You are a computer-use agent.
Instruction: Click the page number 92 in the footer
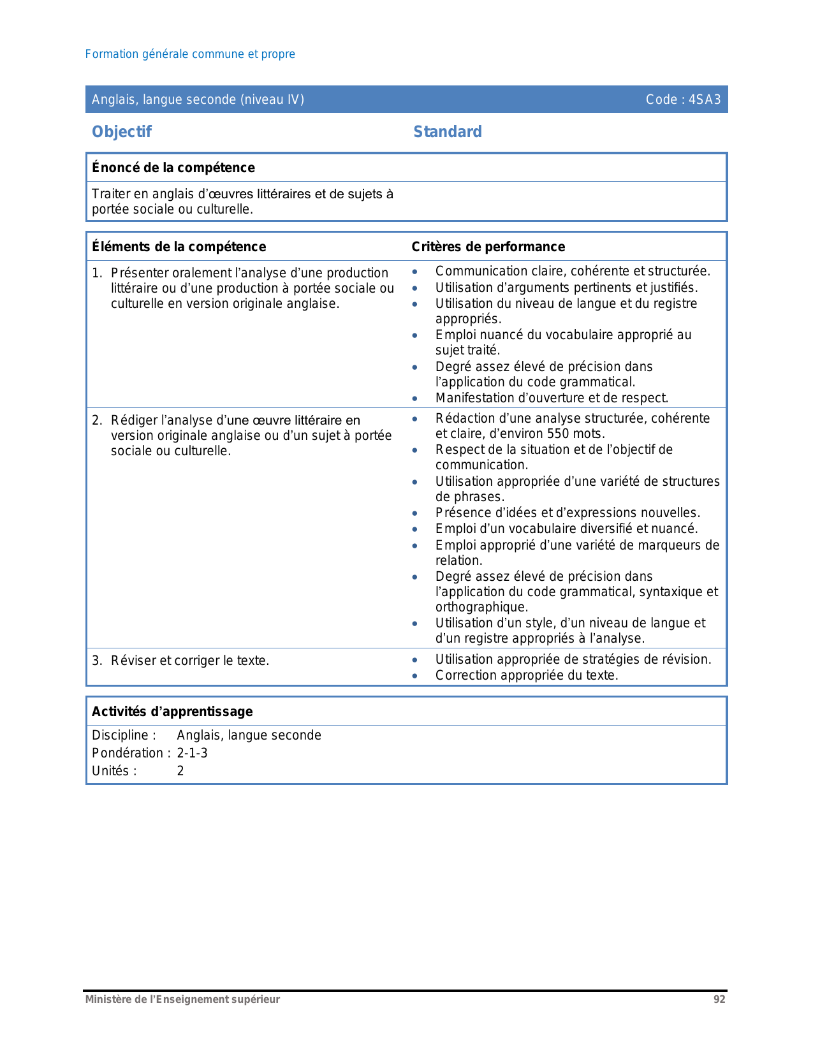click(x=719, y=1000)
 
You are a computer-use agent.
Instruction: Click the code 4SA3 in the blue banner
click(x=705, y=99)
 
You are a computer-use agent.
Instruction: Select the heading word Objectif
click(x=122, y=132)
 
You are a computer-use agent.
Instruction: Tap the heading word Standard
click(x=448, y=132)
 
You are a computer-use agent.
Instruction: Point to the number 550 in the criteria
click(x=558, y=434)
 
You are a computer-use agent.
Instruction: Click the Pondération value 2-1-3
click(x=192, y=753)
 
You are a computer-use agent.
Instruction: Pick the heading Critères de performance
click(x=488, y=247)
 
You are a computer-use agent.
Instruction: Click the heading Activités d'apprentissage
click(x=172, y=712)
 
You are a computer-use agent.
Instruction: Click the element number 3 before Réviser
click(x=96, y=661)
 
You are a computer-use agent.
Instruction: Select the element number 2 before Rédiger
click(x=96, y=420)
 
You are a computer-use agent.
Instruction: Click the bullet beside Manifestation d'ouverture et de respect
click(x=415, y=398)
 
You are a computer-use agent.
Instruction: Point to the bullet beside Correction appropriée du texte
click(x=415, y=676)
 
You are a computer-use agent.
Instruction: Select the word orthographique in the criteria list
click(x=481, y=607)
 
